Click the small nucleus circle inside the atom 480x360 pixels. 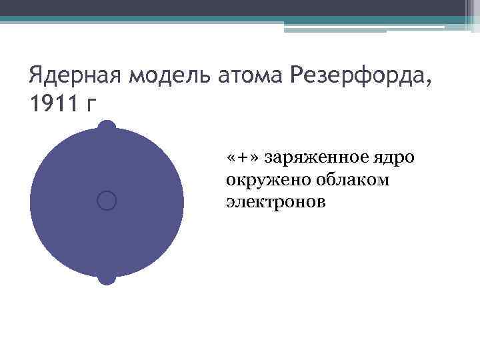[107, 200]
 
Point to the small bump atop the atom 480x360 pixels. [107, 125]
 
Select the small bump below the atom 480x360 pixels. [107, 278]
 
